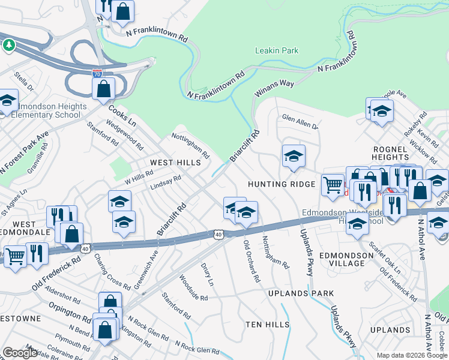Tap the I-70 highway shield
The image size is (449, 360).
pyautogui.click(x=97, y=73)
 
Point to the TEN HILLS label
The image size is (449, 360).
pyautogui.click(x=267, y=324)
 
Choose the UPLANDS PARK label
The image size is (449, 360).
pyautogui.click(x=301, y=293)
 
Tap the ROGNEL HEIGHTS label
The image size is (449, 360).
pyautogui.click(x=391, y=153)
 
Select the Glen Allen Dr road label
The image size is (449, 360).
pyautogui.click(x=300, y=122)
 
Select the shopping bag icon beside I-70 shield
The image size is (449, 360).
pyautogui.click(x=104, y=89)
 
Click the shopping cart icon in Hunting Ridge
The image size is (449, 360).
pyautogui.click(x=333, y=185)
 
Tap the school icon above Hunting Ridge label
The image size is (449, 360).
pyautogui.click(x=294, y=156)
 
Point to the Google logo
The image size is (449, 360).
pyautogui.click(x=20, y=353)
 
